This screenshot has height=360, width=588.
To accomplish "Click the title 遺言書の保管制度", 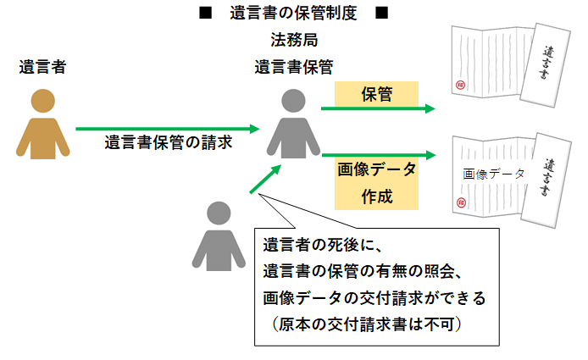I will tap(293, 14).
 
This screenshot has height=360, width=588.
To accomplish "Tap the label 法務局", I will tap(294, 41).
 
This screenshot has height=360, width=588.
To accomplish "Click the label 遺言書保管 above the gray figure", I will tap(294, 67).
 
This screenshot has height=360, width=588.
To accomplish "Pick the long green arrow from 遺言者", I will tap(166, 129).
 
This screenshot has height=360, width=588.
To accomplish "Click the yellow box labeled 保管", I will tap(376, 95).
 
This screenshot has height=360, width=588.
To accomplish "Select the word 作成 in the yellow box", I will tap(376, 197).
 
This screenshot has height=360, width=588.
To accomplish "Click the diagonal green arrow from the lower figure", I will tap(265, 180).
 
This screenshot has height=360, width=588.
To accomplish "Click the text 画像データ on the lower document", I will tap(494, 173).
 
